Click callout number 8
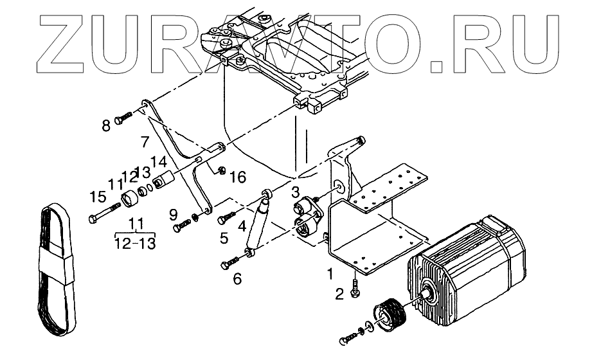[107, 125]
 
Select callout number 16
[237, 176]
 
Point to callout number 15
[98, 195]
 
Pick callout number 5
[224, 238]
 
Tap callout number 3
[295, 191]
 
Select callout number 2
[341, 295]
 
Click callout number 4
[242, 226]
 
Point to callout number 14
[159, 162]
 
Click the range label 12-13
[135, 243]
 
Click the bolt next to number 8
[123, 119]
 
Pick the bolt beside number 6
[232, 261]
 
